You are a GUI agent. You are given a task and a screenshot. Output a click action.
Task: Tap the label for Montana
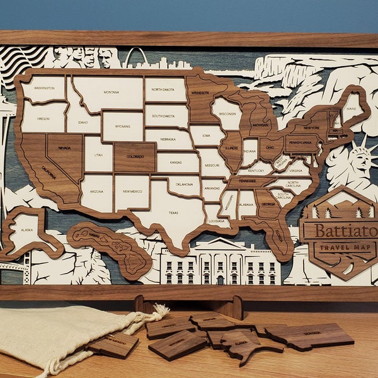(111, 92)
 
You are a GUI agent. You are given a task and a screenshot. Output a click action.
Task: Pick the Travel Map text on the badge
(344, 248)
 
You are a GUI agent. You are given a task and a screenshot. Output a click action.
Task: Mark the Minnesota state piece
(201, 94)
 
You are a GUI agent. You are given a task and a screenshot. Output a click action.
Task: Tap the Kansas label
(176, 163)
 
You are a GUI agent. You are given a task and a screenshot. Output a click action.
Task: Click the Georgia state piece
(267, 205)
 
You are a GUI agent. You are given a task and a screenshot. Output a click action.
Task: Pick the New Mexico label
(132, 192)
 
